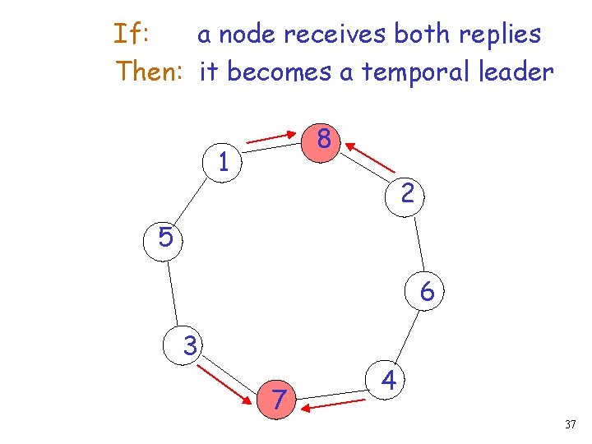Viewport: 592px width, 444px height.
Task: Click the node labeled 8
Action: coord(325,140)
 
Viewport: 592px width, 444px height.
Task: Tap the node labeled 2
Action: coord(407,194)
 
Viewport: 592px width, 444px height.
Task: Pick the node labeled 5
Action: coord(165,238)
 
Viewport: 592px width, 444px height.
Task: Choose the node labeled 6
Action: coord(427,292)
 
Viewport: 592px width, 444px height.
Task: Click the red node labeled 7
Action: coord(280,400)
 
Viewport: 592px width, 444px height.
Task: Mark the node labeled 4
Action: coord(391,382)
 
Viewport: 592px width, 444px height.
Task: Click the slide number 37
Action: coord(571,425)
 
